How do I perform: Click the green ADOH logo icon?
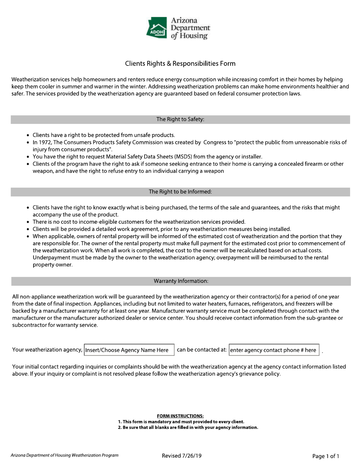click(157, 27)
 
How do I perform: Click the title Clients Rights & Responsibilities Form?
click(180, 64)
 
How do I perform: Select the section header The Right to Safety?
click(180, 119)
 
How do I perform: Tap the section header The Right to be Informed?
click(180, 192)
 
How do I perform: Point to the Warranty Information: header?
click(181, 281)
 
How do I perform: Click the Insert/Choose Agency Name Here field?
click(128, 350)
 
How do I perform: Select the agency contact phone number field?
click(274, 350)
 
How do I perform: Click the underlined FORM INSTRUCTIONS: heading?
click(180, 416)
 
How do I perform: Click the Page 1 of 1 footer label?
click(325, 456)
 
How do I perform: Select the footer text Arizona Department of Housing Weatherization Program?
click(64, 455)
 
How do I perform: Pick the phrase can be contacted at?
click(202, 350)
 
